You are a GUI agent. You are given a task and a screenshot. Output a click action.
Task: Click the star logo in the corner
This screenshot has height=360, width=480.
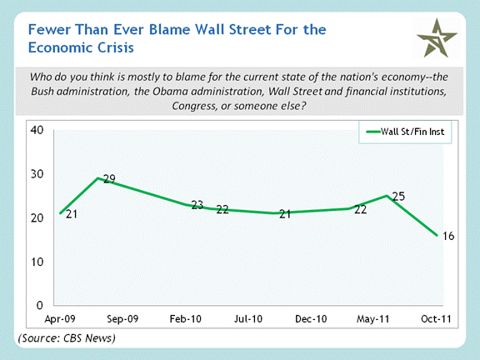point(437,38)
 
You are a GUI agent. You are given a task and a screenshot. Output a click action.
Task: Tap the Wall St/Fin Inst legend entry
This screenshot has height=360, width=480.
point(405,132)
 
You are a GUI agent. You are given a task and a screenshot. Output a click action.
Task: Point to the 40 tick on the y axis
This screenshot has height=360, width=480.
point(37,130)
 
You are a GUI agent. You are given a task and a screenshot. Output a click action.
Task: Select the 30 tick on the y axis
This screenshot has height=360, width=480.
point(37,174)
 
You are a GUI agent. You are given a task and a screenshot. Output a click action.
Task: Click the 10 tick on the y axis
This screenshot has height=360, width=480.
point(37,262)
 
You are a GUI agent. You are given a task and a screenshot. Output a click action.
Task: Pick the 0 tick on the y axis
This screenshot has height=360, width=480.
point(40,305)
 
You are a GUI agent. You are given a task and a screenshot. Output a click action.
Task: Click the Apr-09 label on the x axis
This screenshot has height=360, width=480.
point(60,319)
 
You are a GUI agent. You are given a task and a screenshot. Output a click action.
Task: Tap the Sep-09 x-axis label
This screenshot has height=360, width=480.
point(122,319)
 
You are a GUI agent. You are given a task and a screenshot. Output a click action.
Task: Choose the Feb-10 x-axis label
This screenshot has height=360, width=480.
point(186,319)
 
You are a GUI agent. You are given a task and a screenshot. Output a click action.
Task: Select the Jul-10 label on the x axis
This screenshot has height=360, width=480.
point(248,319)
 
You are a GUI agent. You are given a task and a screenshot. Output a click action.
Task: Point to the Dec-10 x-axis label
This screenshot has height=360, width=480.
point(311,319)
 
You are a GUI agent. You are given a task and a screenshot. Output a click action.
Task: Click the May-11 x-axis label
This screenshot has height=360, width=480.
point(372,319)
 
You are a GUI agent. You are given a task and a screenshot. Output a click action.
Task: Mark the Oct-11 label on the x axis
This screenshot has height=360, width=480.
point(436,319)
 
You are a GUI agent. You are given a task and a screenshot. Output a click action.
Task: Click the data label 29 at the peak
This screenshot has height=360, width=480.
point(109,178)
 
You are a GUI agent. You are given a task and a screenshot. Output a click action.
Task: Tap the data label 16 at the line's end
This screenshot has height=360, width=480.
point(448,236)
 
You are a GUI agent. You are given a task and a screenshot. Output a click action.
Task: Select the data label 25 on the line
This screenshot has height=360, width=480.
point(398,196)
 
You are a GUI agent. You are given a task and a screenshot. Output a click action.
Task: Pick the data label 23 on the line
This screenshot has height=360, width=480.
point(197,205)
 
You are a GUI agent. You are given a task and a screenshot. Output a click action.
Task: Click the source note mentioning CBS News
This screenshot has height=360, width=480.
point(67,338)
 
